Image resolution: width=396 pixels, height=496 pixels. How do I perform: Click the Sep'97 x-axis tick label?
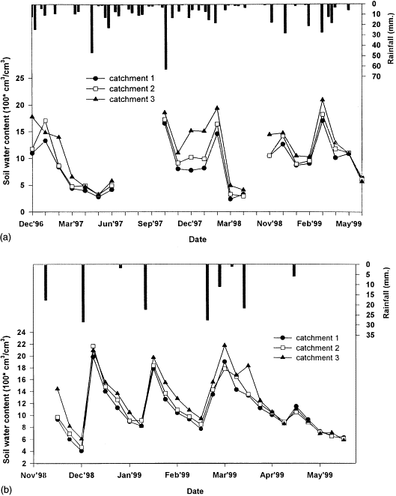pyautogui.click(x=153, y=223)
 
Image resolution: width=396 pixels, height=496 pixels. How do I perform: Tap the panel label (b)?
pyautogui.click(x=7, y=491)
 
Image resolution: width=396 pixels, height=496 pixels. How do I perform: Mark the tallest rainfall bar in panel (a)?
pyautogui.click(x=165, y=37)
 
